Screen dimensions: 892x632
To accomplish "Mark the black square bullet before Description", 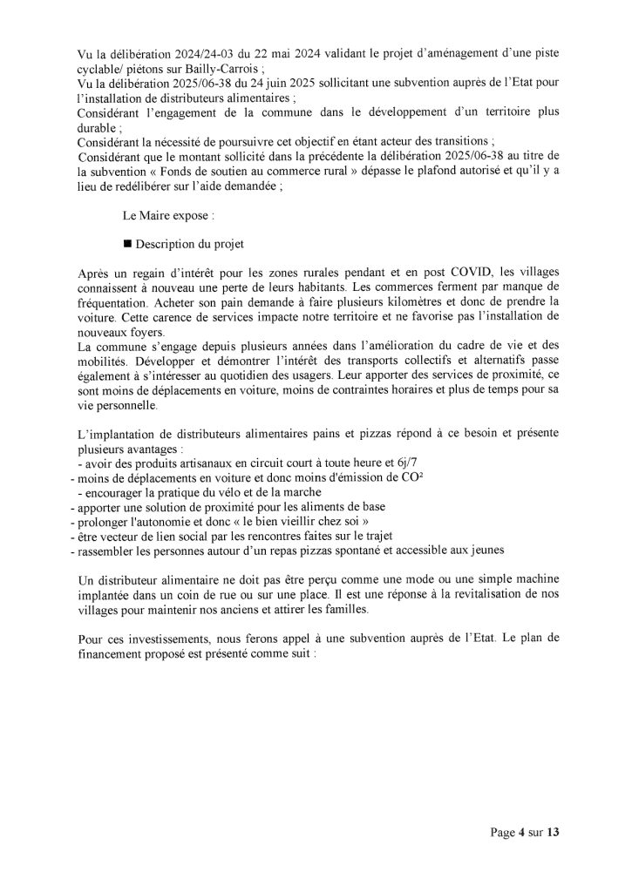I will (x=128, y=245).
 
